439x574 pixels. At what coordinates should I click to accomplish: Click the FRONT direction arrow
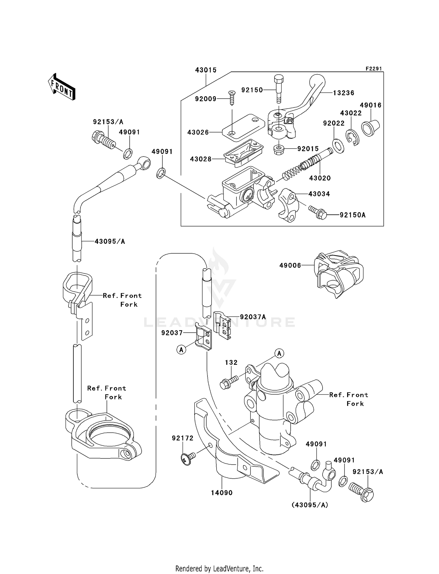61,87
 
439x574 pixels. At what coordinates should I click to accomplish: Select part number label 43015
206,70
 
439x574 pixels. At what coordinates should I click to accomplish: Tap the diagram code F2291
373,69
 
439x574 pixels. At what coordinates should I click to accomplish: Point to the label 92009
206,99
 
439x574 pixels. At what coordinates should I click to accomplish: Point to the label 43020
320,178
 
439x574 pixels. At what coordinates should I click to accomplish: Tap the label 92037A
253,317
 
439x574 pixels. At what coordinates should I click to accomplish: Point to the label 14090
222,493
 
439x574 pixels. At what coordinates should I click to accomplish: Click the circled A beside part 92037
181,349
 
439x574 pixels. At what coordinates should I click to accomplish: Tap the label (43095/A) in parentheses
310,505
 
